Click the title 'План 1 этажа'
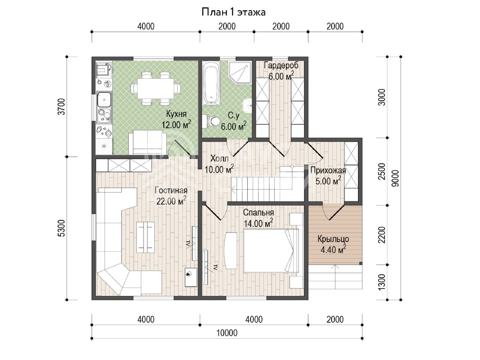click(x=233, y=12)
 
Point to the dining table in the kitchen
click(x=156, y=89)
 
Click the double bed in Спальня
click(x=271, y=251)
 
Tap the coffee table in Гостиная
click(x=145, y=237)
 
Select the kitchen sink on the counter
click(x=104, y=100)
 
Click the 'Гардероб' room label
click(x=281, y=65)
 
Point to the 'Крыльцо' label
click(x=333, y=239)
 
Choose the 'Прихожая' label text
click(x=328, y=171)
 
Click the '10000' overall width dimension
click(x=227, y=333)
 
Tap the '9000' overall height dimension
click(x=396, y=178)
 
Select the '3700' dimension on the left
click(x=63, y=106)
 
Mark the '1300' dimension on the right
click(x=382, y=282)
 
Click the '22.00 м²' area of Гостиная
click(x=171, y=201)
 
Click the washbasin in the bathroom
click(x=247, y=106)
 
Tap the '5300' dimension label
click(x=63, y=228)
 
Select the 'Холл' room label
click(x=219, y=158)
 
